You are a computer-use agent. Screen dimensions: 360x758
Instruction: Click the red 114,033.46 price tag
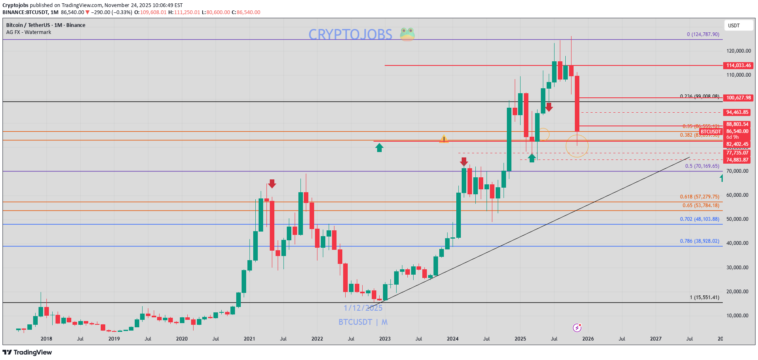(x=738, y=65)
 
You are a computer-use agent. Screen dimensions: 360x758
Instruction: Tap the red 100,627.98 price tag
(x=738, y=98)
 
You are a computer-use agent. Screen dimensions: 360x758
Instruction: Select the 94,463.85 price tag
(x=737, y=112)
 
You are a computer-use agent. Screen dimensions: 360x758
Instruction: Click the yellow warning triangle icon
(x=444, y=139)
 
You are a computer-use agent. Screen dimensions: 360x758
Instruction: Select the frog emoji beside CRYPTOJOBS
(x=407, y=34)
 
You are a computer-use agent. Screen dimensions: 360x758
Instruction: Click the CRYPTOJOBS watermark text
(x=350, y=34)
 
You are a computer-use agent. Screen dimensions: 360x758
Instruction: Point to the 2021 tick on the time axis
(x=249, y=339)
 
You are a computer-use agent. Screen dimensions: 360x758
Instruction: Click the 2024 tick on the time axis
(x=453, y=339)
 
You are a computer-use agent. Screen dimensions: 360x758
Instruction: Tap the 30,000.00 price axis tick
(x=737, y=268)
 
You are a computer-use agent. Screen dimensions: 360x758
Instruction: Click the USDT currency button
(x=738, y=26)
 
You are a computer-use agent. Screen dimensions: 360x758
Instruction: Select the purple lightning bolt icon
(x=577, y=328)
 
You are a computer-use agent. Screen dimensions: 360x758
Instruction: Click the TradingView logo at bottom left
(x=27, y=353)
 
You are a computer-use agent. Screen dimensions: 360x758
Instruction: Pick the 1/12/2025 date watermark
(x=363, y=308)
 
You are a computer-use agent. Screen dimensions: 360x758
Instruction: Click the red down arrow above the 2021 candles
(x=272, y=184)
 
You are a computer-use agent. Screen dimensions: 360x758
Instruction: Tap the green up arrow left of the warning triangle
(x=379, y=147)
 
